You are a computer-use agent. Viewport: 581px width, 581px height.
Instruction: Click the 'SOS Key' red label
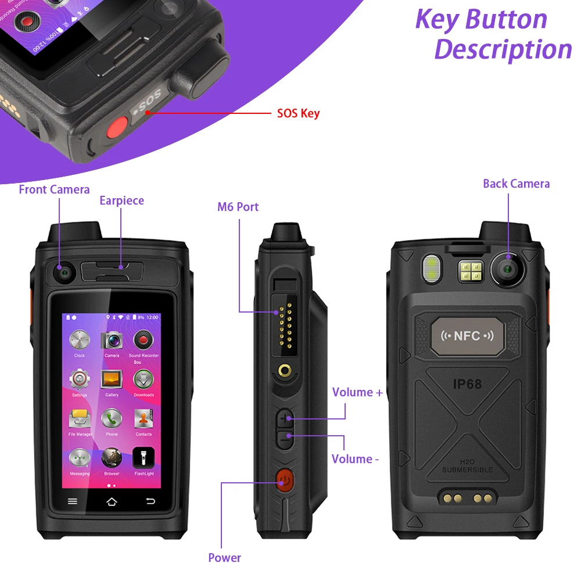point(298,113)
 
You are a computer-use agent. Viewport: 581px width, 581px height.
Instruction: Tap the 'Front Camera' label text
point(54,189)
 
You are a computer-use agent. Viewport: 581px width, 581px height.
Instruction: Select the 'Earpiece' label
point(121,200)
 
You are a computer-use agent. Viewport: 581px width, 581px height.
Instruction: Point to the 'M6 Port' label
point(238,207)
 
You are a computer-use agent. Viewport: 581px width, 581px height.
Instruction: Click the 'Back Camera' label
point(516,184)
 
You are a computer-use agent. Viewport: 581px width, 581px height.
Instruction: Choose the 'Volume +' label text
point(357,392)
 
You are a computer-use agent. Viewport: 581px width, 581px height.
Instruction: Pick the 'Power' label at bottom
point(224,558)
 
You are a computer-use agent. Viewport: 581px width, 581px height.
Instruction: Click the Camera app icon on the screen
point(112,340)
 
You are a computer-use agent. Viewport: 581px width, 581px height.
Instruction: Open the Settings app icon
point(80,380)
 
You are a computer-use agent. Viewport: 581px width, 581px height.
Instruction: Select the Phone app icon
point(112,419)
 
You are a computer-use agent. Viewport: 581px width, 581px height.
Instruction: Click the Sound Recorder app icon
point(144,340)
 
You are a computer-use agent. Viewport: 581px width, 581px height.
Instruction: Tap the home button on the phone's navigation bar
point(112,501)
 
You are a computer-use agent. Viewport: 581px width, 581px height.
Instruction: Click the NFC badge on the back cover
point(467,336)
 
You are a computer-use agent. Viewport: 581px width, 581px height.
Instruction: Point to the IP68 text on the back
point(467,384)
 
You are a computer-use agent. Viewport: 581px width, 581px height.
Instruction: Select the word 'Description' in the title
point(503,49)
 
